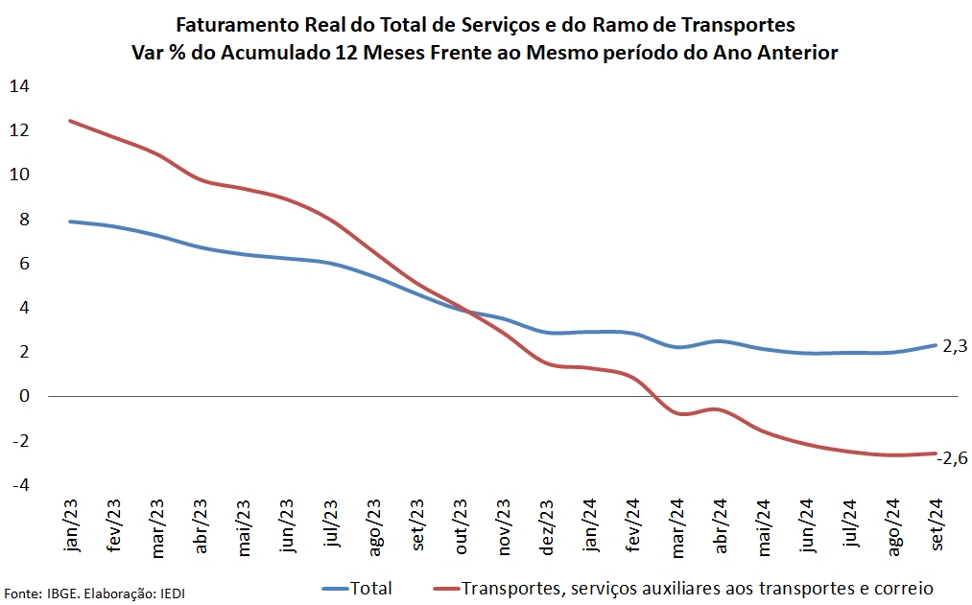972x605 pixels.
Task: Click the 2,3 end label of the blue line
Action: click(955, 347)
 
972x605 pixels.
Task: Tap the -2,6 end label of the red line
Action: click(952, 457)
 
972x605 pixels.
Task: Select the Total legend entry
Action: click(371, 588)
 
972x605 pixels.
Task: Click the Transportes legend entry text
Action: click(698, 588)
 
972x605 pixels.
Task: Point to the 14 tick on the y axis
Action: click(19, 86)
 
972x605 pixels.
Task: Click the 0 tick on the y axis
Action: click(26, 396)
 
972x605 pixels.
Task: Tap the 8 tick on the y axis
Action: click(26, 220)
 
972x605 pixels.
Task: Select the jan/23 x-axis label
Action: click(71, 525)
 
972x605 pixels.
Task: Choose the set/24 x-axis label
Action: click(937, 525)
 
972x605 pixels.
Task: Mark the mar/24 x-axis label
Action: click(677, 525)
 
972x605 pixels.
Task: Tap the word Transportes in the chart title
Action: click(737, 23)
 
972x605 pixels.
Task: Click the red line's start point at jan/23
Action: click(70, 121)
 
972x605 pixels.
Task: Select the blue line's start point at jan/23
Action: click(70, 221)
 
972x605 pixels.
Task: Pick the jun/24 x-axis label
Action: click(808, 525)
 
